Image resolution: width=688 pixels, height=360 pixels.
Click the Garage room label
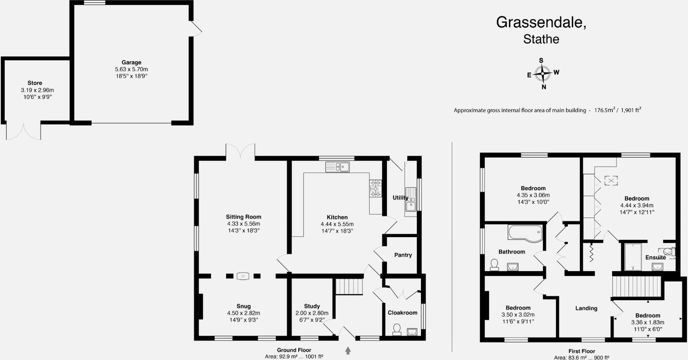pyautogui.click(x=131, y=62)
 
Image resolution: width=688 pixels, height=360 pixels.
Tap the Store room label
pyautogui.click(x=35, y=83)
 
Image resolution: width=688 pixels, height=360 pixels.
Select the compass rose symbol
pyautogui.click(x=543, y=73)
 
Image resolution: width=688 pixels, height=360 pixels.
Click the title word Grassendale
pyautogui.click(x=541, y=22)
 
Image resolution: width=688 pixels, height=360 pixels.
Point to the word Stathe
pyautogui.click(x=541, y=39)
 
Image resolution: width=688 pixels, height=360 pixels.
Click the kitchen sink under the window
pyautogui.click(x=337, y=167)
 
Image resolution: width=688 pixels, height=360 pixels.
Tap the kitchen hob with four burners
pyautogui.click(x=375, y=188)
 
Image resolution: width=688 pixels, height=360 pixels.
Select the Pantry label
pyautogui.click(x=403, y=255)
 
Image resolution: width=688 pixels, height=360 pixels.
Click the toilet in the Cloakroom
pyautogui.click(x=396, y=329)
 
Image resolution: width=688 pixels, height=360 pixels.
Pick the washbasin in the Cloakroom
pyautogui.click(x=412, y=331)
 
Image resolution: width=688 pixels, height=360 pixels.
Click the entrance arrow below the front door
pyautogui.click(x=348, y=350)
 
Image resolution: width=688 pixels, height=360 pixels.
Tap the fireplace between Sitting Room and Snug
pyautogui.click(x=243, y=276)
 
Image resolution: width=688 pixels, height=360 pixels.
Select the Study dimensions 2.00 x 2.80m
pyautogui.click(x=312, y=313)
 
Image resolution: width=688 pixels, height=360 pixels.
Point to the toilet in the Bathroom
pyautogui.click(x=494, y=265)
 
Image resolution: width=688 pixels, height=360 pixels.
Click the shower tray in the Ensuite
pyautogui.click(x=633, y=257)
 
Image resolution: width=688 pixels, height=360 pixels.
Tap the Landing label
pyautogui.click(x=586, y=308)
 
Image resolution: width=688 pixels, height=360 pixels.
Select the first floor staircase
pyautogui.click(x=637, y=287)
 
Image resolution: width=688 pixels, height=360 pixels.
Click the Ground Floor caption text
pyautogui.click(x=294, y=350)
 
